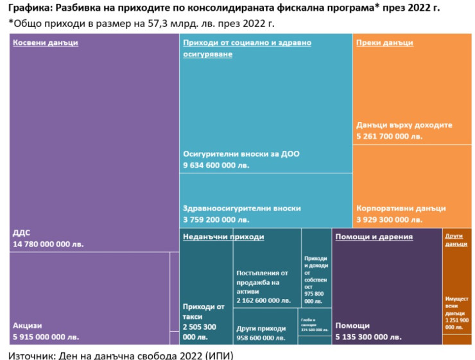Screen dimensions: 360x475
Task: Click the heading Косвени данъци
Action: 44,43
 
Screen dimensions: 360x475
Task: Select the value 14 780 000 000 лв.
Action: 48,244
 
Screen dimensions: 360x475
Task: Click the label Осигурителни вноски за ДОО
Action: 241,154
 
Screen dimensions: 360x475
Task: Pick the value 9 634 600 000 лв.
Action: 216,166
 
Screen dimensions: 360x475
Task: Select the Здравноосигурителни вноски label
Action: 242,209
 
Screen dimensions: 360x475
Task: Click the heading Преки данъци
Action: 384,43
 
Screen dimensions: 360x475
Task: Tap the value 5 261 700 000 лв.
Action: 390,136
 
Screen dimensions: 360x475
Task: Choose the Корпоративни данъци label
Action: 401,209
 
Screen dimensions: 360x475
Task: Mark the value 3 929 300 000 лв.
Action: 390,219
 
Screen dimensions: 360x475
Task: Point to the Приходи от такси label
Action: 203,311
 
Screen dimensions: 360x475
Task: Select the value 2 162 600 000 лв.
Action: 263,300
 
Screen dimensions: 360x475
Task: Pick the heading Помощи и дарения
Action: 374,237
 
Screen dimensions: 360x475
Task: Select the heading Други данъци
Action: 456,239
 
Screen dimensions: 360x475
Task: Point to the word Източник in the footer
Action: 33,354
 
